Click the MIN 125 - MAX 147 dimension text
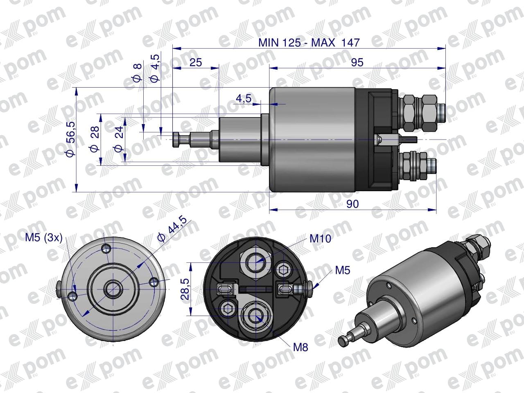[309, 43]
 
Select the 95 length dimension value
[357, 63]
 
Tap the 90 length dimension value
[352, 204]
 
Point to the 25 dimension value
[196, 63]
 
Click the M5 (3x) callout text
[44, 238]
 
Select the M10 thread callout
[321, 238]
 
